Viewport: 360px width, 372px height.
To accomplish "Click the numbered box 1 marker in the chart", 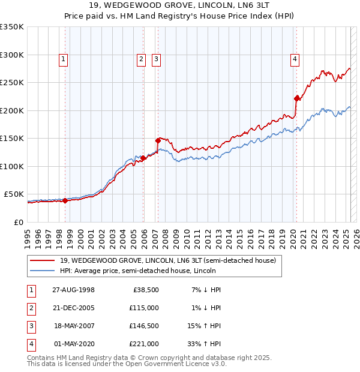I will point(63,59).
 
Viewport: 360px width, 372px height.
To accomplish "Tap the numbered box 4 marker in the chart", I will point(295,59).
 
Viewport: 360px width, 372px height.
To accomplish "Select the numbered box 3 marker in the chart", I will point(156,59).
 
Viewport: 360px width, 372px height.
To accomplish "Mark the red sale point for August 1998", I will point(65,201).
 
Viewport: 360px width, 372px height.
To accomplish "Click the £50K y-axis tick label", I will point(14,194).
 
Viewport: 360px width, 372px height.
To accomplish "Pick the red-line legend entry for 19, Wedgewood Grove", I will point(167,260).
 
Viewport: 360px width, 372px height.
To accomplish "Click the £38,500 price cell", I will point(146,289).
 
